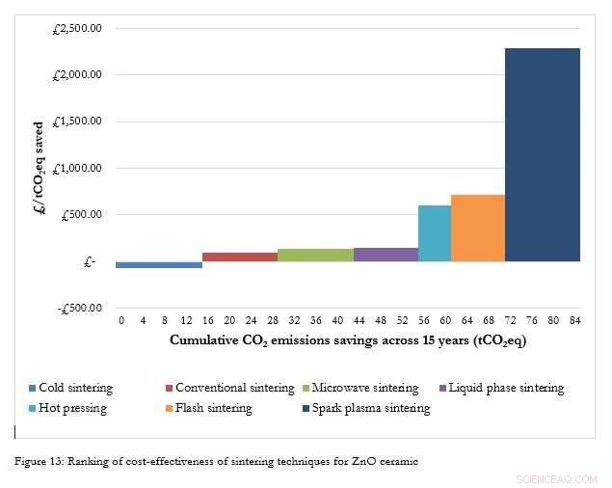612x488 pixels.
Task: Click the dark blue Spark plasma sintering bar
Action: pyautogui.click(x=543, y=154)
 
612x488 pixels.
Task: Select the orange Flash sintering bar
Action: pyautogui.click(x=478, y=228)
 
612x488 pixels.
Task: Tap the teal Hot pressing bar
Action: pyautogui.click(x=435, y=233)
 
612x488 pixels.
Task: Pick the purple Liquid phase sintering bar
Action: pyautogui.click(x=386, y=255)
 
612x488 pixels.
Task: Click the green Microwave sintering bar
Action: pyautogui.click(x=315, y=255)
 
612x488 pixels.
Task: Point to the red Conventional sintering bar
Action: pyautogui.click(x=240, y=257)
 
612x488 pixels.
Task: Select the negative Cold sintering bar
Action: pyautogui.click(x=159, y=264)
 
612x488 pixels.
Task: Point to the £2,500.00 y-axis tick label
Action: pyautogui.click(x=78, y=28)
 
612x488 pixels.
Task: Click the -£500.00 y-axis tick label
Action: pyautogui.click(x=79, y=308)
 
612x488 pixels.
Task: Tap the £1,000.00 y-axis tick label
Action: pyautogui.click(x=78, y=168)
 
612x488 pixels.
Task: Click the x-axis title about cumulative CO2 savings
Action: pyautogui.click(x=348, y=340)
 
